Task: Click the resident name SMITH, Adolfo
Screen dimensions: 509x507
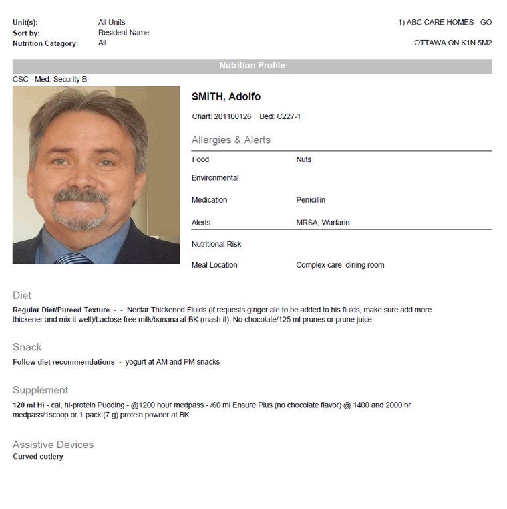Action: [226, 97]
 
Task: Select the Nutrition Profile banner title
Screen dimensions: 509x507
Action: [252, 66]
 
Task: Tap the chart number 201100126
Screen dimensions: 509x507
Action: [232, 117]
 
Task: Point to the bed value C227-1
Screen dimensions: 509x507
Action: [289, 117]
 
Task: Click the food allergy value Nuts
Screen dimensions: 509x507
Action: [303, 159]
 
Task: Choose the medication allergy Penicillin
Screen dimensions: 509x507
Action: [311, 200]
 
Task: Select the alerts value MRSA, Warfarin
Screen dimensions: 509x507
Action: [323, 223]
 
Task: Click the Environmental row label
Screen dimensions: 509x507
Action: [215, 178]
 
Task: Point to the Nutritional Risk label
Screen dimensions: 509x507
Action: [216, 244]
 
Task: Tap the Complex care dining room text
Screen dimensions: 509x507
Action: [340, 265]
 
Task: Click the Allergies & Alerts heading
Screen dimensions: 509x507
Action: [231, 140]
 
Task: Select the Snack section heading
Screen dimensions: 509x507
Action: [27, 347]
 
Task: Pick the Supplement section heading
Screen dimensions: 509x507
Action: [40, 390]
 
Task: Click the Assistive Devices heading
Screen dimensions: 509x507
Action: [53, 445]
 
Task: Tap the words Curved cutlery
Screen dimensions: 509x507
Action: [38, 457]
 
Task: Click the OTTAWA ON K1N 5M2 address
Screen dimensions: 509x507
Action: [453, 43]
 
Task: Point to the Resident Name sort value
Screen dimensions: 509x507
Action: [124, 33]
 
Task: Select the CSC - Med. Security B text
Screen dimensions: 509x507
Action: [50, 80]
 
